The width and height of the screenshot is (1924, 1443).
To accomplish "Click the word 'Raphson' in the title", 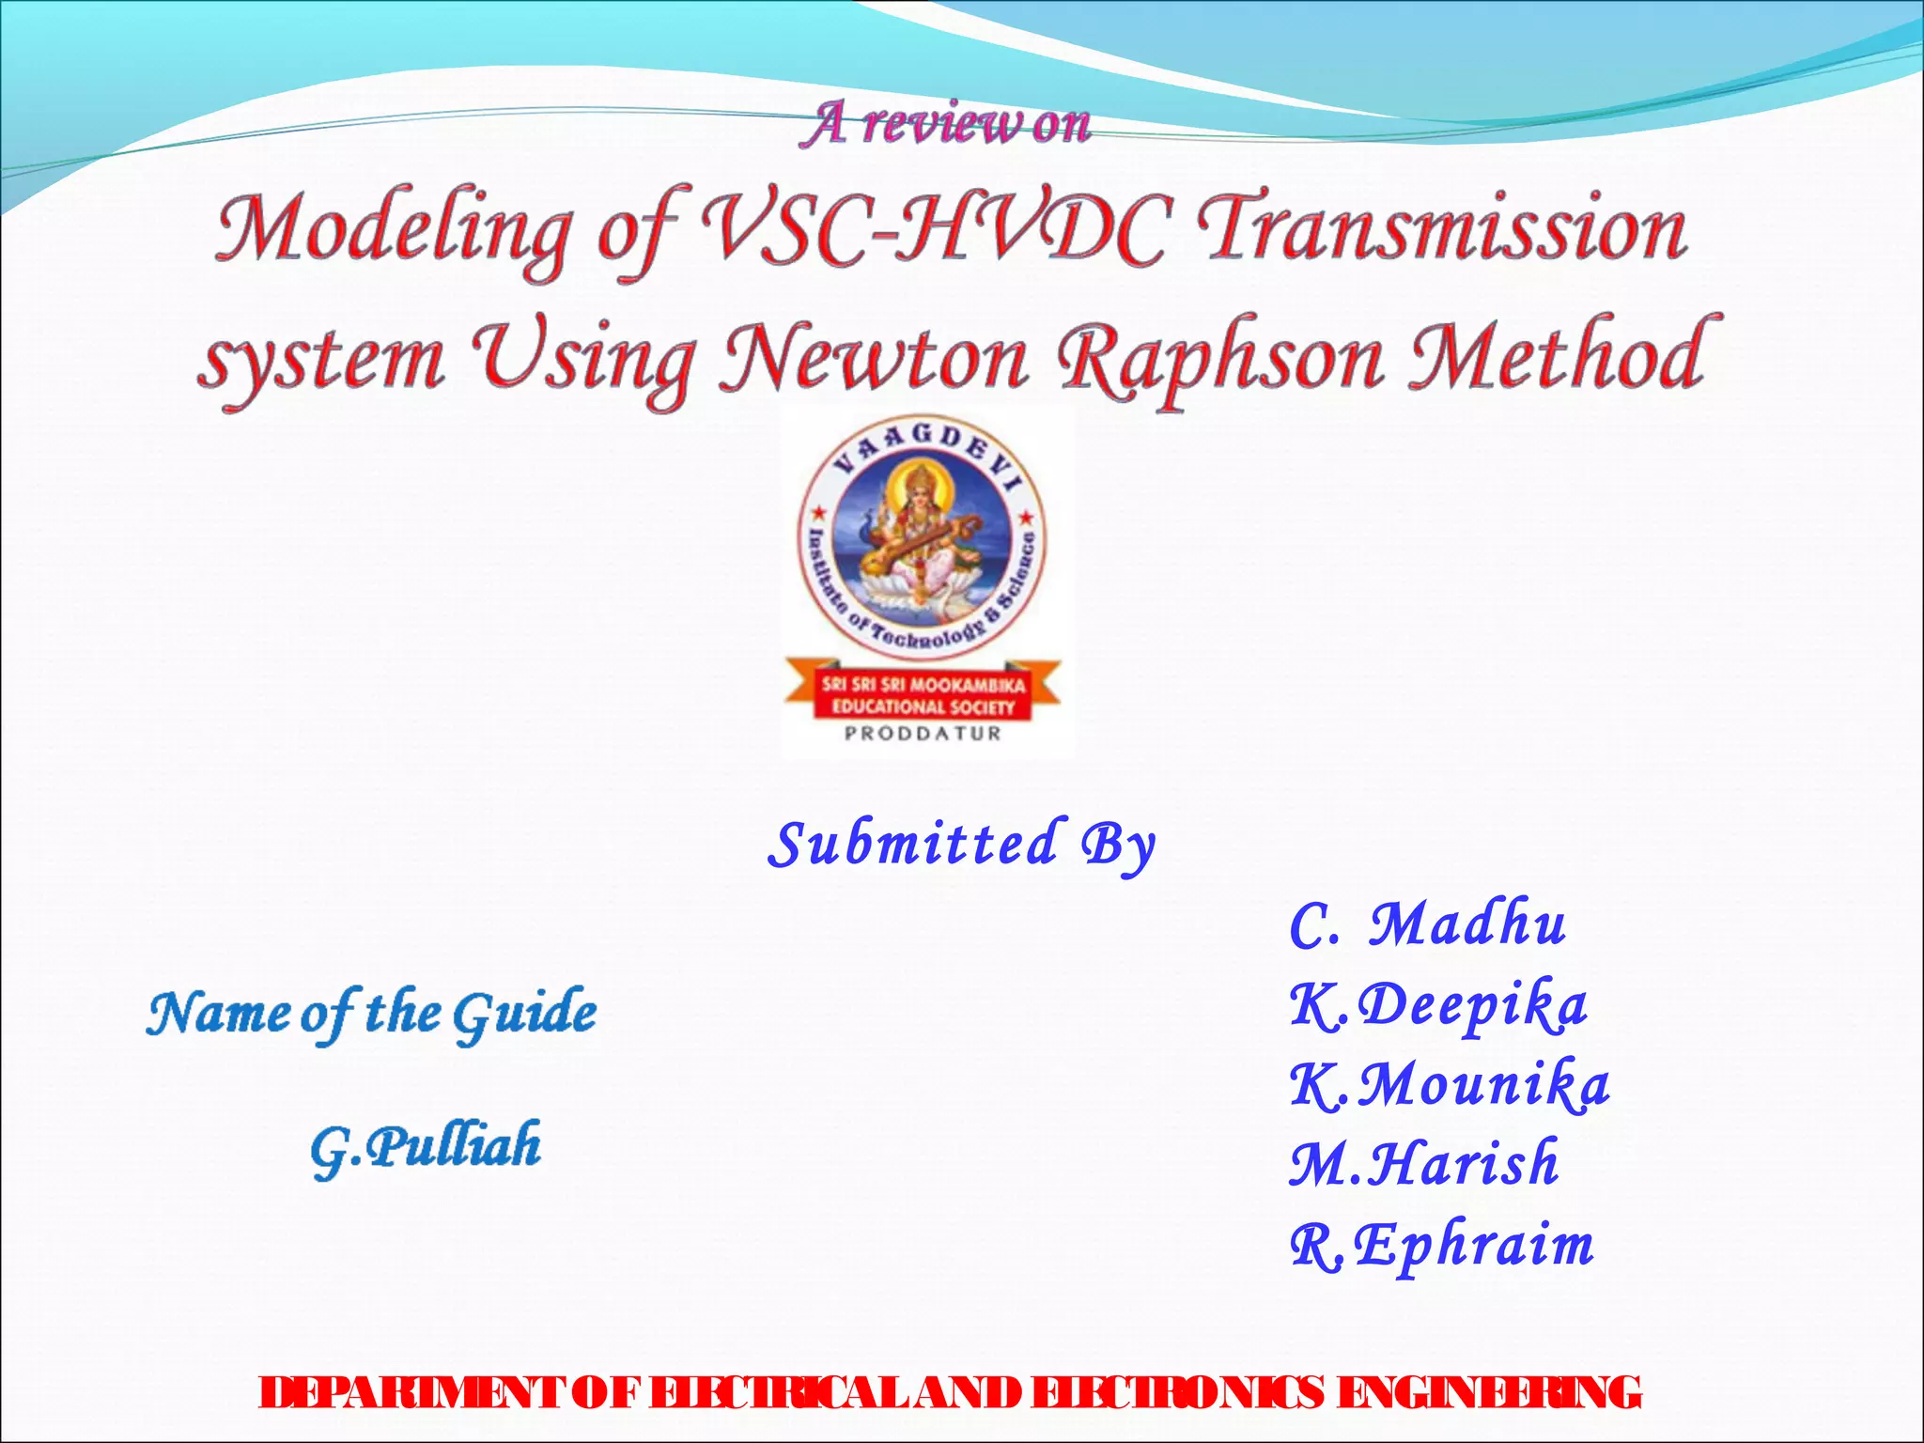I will [x=1221, y=363].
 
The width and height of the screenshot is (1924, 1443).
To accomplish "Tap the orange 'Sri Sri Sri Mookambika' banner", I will [x=923, y=695].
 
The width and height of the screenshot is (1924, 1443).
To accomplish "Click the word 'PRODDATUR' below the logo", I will [x=923, y=734].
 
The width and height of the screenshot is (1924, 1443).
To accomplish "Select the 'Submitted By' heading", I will [x=960, y=846].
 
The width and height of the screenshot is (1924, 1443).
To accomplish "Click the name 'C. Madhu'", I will [x=1428, y=924].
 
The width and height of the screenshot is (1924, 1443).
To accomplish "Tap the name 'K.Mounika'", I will [x=1449, y=1086].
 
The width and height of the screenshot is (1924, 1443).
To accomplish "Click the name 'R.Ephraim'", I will [x=1441, y=1246].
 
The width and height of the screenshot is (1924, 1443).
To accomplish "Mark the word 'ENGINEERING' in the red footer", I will [x=1488, y=1392].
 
